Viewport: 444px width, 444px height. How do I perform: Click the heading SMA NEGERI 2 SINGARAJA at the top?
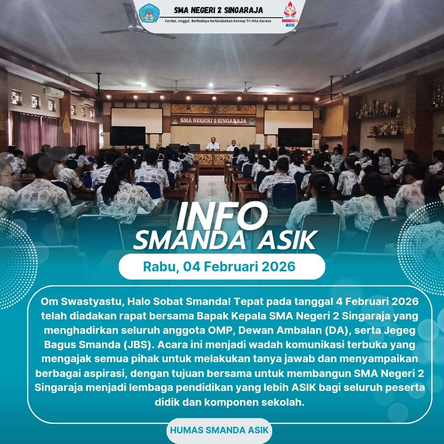coord(218,10)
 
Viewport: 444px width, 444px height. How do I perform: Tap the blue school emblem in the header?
coord(149,13)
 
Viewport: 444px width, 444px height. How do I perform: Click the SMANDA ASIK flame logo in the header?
coord(290,14)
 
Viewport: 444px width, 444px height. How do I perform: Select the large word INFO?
coord(221,216)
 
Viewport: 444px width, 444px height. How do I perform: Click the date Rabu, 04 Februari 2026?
coord(219,266)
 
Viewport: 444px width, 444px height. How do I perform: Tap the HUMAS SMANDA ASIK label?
coord(219,430)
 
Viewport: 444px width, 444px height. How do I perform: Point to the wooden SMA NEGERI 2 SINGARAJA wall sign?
coord(213,121)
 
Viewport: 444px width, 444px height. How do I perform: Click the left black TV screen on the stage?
coord(128,136)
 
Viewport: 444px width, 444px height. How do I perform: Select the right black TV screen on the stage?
coord(295,137)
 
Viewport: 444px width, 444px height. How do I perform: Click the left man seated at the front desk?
coord(213,144)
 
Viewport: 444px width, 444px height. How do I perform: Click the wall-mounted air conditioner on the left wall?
coord(54,92)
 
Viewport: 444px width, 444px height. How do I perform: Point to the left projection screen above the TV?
coord(137,120)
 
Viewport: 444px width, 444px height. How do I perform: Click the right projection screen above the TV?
coord(289,122)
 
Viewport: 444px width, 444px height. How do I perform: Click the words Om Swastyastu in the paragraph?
coord(82,301)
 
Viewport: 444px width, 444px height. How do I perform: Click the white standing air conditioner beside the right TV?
coord(316,141)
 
